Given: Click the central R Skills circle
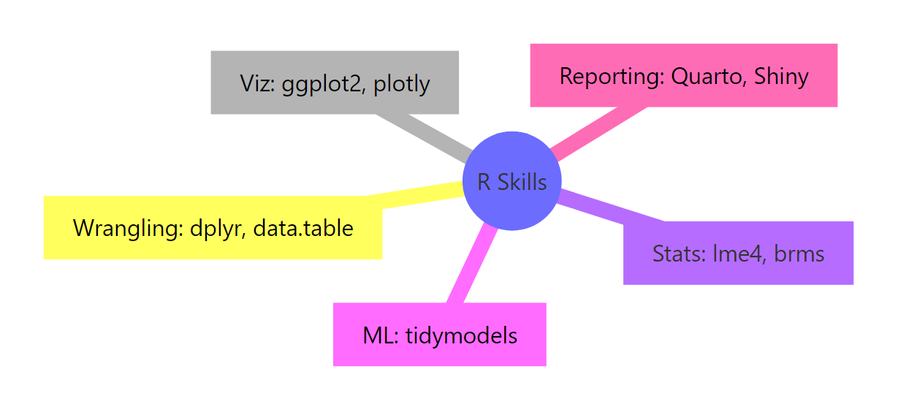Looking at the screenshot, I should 511,181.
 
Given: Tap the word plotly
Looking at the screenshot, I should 401,83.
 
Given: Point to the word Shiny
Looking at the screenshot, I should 781,76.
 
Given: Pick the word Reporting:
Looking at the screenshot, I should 611,76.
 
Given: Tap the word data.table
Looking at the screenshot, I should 304,228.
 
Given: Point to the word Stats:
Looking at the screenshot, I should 679,254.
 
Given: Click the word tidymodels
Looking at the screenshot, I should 462,335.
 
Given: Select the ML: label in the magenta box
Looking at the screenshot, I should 380,335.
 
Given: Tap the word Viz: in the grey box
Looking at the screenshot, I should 257,83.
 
